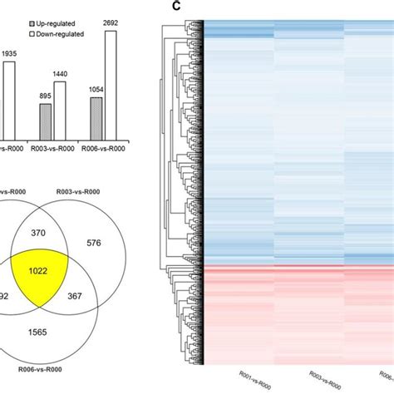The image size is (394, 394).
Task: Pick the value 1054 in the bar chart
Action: (97, 90)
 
